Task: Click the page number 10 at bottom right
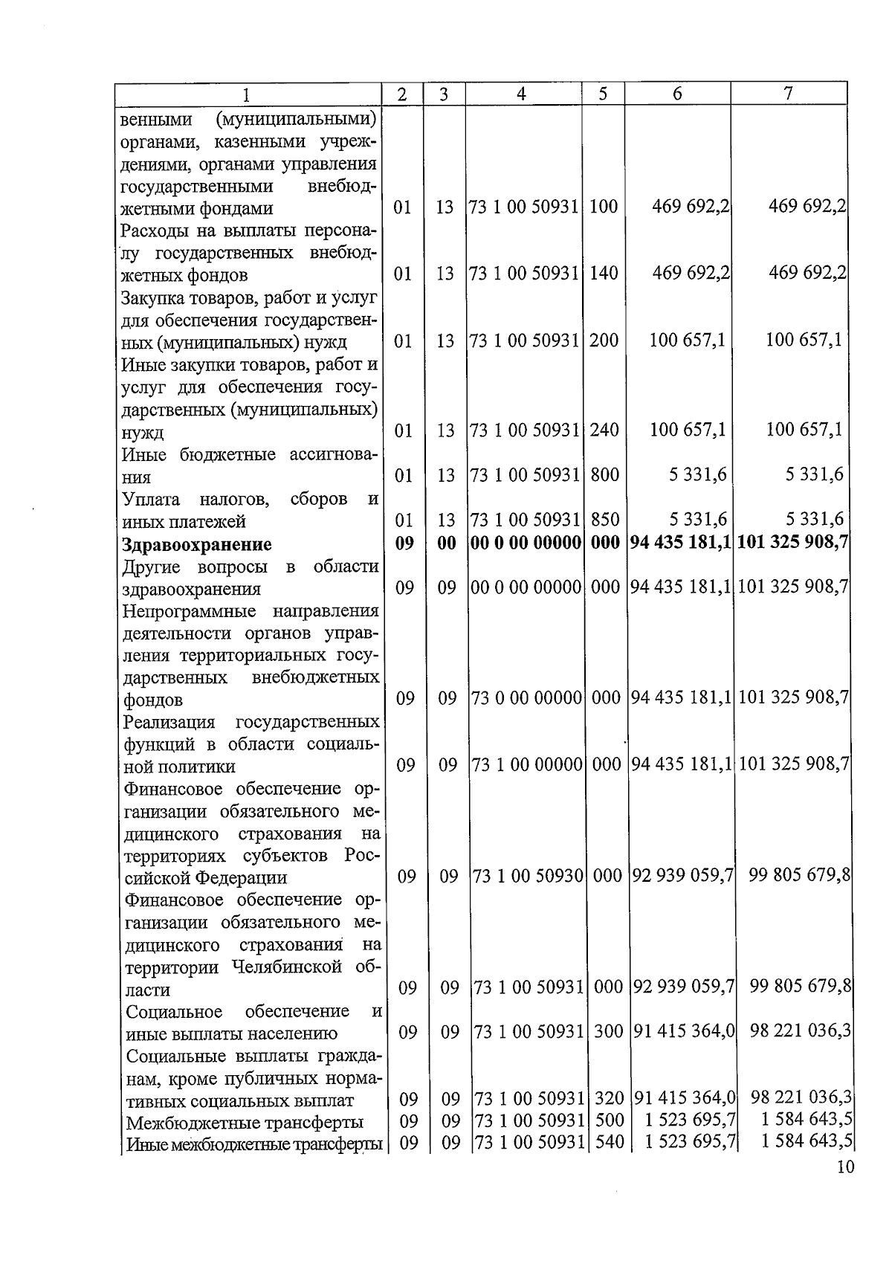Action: coord(844,1167)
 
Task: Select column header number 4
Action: coord(522,94)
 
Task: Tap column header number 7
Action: coord(788,93)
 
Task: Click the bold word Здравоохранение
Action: coord(197,544)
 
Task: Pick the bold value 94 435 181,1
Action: coord(680,544)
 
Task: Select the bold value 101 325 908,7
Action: coord(792,544)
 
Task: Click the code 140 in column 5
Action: coord(604,274)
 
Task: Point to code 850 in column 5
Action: coord(604,520)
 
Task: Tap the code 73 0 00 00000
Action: coord(526,699)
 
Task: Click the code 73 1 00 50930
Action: coord(527,877)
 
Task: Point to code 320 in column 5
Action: coord(609,1098)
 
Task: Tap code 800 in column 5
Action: coord(604,474)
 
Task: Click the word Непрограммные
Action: coord(189,611)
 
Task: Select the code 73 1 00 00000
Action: coord(527,765)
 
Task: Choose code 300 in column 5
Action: coord(609,1032)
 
